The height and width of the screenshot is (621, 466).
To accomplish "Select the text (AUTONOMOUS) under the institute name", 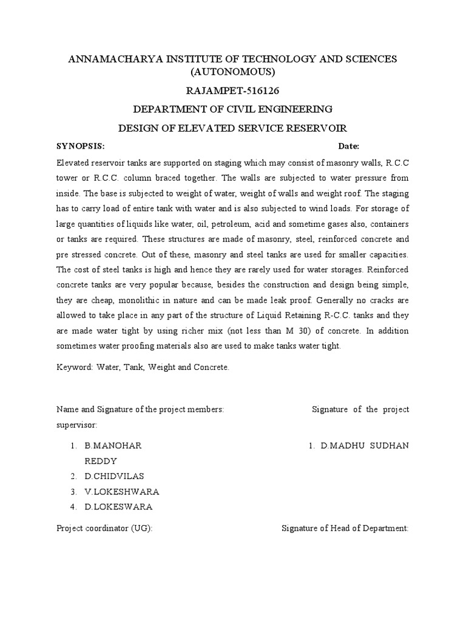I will point(233,72).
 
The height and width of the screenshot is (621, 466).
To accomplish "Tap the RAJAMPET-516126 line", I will point(233,91).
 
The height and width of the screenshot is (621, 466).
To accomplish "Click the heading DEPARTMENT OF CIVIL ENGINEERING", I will point(233,109).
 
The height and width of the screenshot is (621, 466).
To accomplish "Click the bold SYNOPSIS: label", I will point(81,147).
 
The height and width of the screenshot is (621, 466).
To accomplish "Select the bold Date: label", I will point(349,147).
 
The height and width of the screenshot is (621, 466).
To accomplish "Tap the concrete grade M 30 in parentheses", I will point(333,331).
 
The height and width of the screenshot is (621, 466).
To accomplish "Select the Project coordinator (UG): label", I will point(104,528).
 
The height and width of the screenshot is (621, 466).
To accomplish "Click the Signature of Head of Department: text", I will point(345,528).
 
